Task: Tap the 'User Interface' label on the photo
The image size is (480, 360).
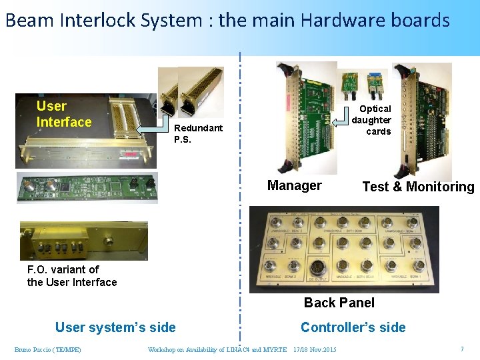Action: click(x=64, y=114)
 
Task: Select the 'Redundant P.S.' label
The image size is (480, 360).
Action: click(x=198, y=133)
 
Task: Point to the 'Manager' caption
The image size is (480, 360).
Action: click(x=294, y=185)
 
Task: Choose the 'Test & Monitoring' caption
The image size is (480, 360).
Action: click(x=418, y=187)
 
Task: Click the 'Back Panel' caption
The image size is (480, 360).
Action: click(x=339, y=303)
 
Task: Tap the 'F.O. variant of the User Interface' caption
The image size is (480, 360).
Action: click(x=72, y=275)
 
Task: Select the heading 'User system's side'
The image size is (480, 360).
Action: click(x=115, y=327)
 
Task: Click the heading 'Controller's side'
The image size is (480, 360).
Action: click(x=353, y=327)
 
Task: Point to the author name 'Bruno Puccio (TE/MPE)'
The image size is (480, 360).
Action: click(x=48, y=349)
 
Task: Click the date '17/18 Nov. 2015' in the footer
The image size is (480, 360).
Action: click(x=315, y=349)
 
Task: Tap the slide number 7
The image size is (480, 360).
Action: click(x=461, y=349)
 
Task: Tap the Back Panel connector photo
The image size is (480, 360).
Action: click(x=344, y=249)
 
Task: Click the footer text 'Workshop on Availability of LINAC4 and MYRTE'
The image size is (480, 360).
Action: click(x=217, y=349)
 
